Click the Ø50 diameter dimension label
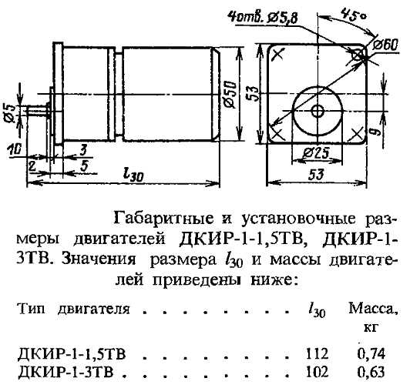click(230, 95)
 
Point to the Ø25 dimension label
click(316, 154)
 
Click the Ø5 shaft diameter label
click(11, 113)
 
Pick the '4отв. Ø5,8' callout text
click(262, 18)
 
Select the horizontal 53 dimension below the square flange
click(316, 175)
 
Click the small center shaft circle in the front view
click(318, 112)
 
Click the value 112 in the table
click(317, 354)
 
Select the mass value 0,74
click(371, 354)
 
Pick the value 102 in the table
click(317, 372)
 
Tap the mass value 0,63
click(371, 372)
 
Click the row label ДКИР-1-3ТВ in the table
click(66, 372)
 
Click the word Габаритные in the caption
click(163, 219)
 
